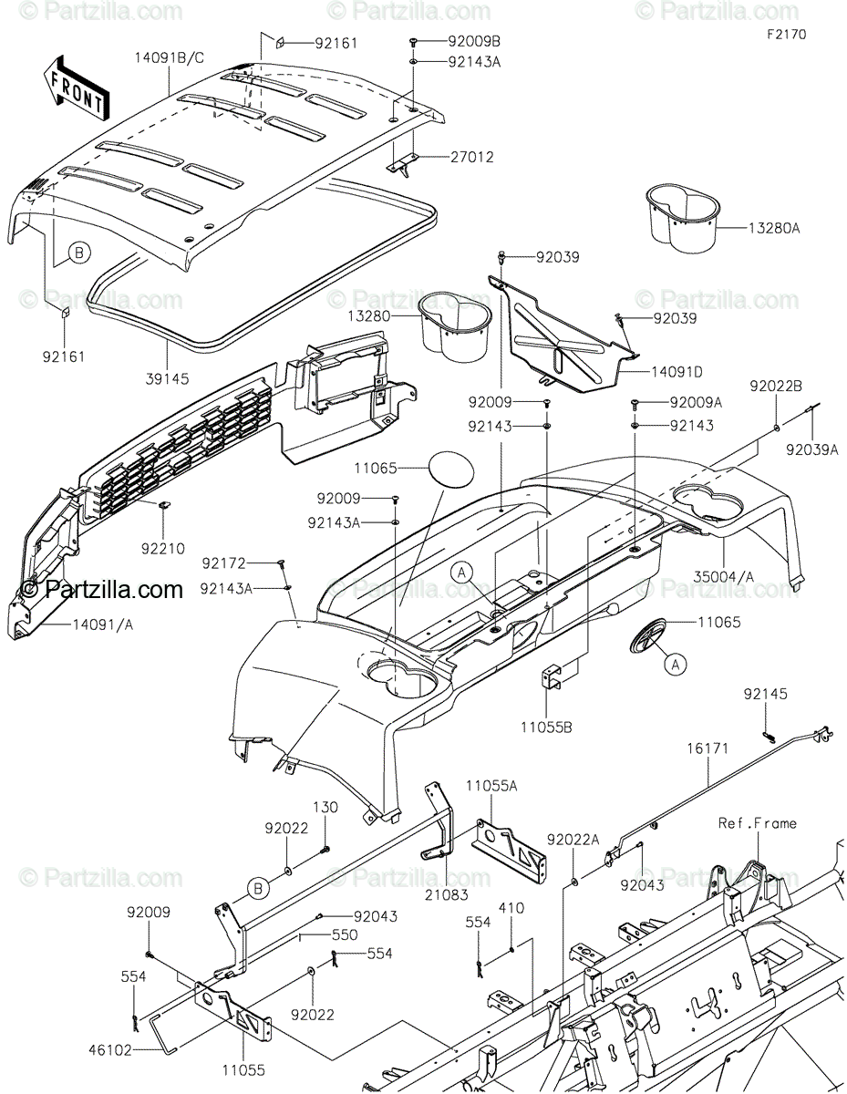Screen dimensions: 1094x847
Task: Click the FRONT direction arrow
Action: pyautogui.click(x=75, y=86)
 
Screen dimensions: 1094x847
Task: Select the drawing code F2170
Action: pyautogui.click(x=785, y=34)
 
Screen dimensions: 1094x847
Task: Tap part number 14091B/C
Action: pyautogui.click(x=170, y=57)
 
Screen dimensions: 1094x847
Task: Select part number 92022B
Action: pyautogui.click(x=776, y=386)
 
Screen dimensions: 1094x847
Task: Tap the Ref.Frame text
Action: pyautogui.click(x=757, y=823)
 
